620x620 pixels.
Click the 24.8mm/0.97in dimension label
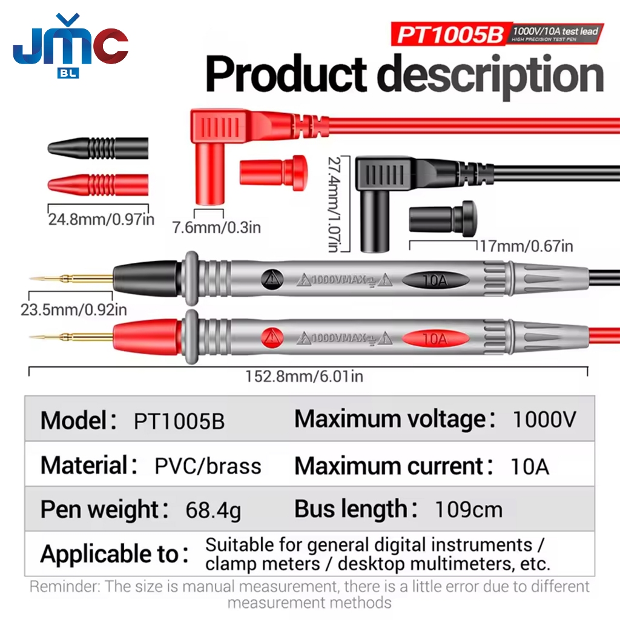pyautogui.click(x=101, y=219)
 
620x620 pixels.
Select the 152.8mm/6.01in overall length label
pyautogui.click(x=304, y=376)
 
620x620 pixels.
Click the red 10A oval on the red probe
pyautogui.click(x=435, y=339)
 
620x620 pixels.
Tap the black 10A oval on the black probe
pyautogui.click(x=435, y=280)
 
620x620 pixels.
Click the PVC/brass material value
pyautogui.click(x=208, y=466)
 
